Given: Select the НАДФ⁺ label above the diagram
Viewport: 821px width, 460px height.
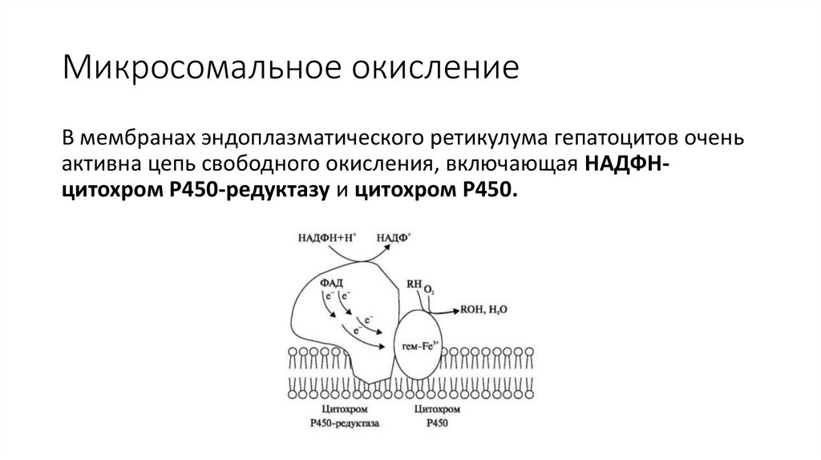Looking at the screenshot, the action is [x=394, y=238].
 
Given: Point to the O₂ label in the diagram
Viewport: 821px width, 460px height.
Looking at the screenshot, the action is [x=429, y=289].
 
